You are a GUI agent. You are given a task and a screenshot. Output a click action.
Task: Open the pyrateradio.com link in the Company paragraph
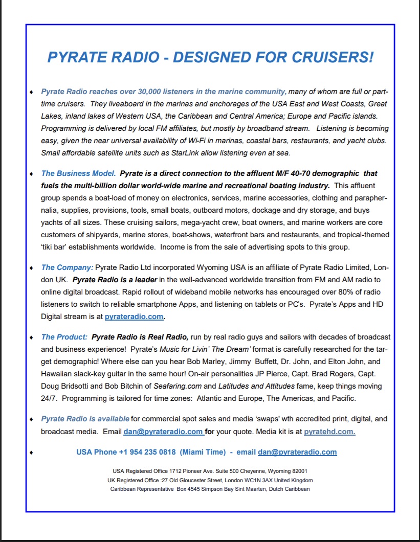[x=135, y=317]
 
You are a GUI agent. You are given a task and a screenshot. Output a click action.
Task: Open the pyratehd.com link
[x=329, y=432]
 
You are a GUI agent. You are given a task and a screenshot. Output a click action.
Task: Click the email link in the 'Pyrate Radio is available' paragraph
[x=163, y=432]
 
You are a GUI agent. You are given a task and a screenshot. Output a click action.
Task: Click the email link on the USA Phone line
[x=297, y=452]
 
